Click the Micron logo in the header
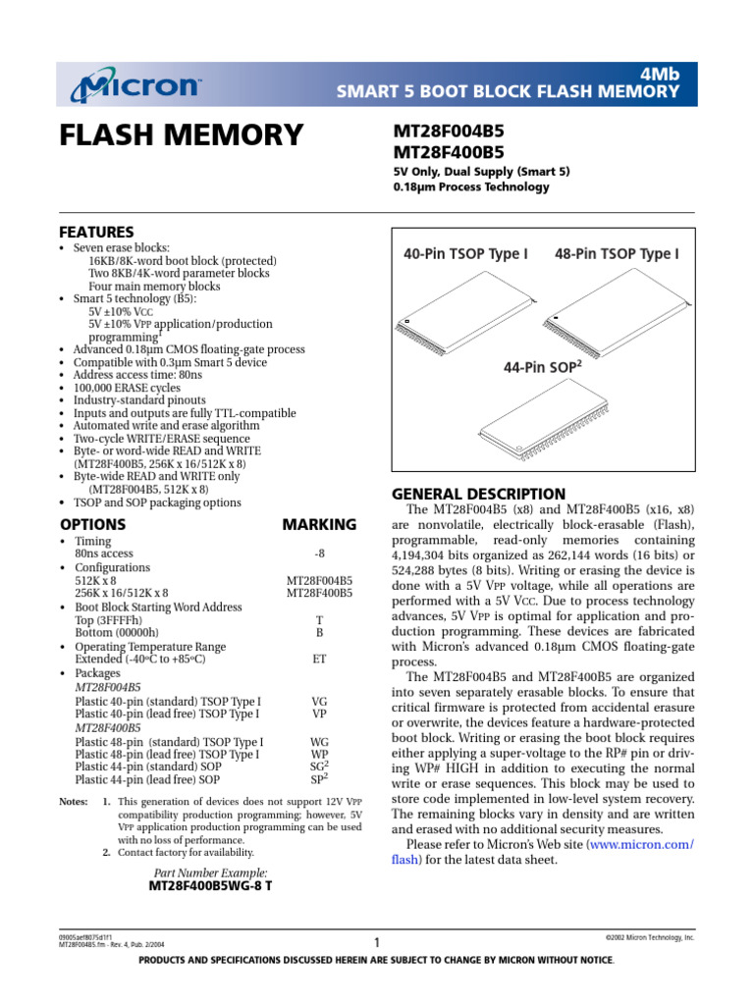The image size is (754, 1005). [135, 86]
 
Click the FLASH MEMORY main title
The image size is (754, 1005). [183, 133]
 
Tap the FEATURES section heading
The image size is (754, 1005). [97, 233]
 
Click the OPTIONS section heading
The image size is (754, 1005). [93, 524]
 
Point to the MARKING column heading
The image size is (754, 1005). [319, 524]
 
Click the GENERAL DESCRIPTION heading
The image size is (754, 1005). [478, 494]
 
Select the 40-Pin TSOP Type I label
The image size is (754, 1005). [466, 254]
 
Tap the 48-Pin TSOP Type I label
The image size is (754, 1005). [617, 254]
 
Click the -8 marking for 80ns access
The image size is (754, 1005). [319, 554]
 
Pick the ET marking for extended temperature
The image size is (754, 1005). [319, 660]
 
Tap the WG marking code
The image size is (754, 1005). [319, 742]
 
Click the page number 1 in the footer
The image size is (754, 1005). [377, 943]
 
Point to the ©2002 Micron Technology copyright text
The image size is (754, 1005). [650, 938]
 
